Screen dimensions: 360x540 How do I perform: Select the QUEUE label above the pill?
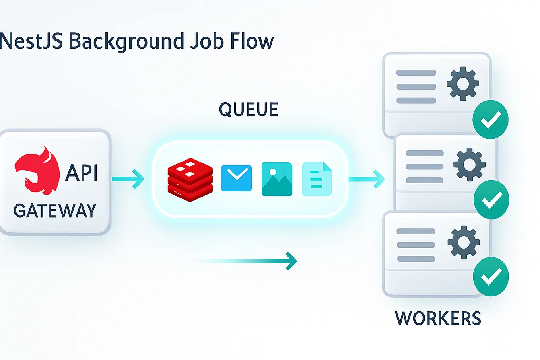point(249,110)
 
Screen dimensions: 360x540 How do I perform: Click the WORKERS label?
point(438,319)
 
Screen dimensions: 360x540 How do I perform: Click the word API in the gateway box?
point(82,173)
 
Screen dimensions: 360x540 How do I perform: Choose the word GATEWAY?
point(55,211)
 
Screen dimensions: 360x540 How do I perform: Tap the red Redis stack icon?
point(190,179)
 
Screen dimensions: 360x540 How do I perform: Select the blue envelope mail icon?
point(236,178)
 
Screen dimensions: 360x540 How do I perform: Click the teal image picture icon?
point(277,179)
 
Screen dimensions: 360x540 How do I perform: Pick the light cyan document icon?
point(317,179)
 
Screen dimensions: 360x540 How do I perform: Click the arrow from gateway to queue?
point(128,179)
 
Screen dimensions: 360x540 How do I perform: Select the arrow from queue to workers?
point(366,179)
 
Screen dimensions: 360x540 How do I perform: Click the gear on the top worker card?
point(462,84)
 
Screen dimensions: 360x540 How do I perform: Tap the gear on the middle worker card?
point(469,164)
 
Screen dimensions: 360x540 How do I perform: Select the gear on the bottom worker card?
point(463,242)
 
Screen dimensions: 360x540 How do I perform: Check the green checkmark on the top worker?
point(490,120)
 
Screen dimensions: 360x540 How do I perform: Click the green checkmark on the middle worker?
point(491,200)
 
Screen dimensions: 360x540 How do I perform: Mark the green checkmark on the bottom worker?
point(491,277)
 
